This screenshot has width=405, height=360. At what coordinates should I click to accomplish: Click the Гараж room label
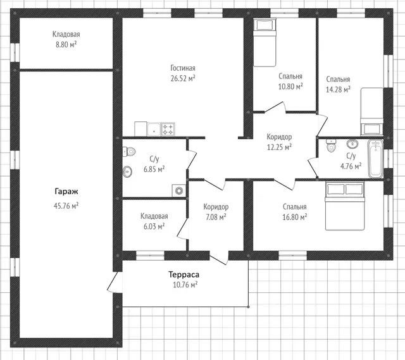coord(66,192)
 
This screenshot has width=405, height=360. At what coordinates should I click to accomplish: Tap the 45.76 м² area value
coord(66,206)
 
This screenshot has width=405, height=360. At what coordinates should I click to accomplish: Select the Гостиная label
coord(183,68)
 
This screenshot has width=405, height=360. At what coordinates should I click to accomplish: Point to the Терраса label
coord(184,274)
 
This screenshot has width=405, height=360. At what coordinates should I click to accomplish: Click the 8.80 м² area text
coord(66,44)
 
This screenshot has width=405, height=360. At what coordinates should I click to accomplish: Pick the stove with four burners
coord(168,129)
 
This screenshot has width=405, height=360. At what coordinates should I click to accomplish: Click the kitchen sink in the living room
coord(154,129)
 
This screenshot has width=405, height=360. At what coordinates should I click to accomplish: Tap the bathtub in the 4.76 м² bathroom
coord(375,159)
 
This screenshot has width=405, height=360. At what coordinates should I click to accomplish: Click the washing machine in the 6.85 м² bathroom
coord(178,191)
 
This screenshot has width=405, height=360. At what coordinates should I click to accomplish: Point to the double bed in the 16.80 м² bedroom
coord(345,206)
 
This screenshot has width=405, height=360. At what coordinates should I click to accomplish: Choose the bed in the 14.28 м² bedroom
coord(372,111)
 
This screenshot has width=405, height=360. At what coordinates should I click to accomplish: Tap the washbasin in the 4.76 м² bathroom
coord(352,144)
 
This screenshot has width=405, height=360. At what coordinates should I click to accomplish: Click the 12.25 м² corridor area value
coord(279,147)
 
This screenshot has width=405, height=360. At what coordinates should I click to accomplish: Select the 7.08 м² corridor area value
coord(216,217)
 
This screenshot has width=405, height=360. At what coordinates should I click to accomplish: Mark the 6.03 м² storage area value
coord(154,227)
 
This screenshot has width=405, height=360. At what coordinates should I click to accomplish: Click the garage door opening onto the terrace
coord(115,282)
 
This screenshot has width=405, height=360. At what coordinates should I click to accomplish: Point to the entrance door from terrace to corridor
coord(219,258)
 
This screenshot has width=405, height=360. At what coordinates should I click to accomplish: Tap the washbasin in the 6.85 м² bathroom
coord(127,171)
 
